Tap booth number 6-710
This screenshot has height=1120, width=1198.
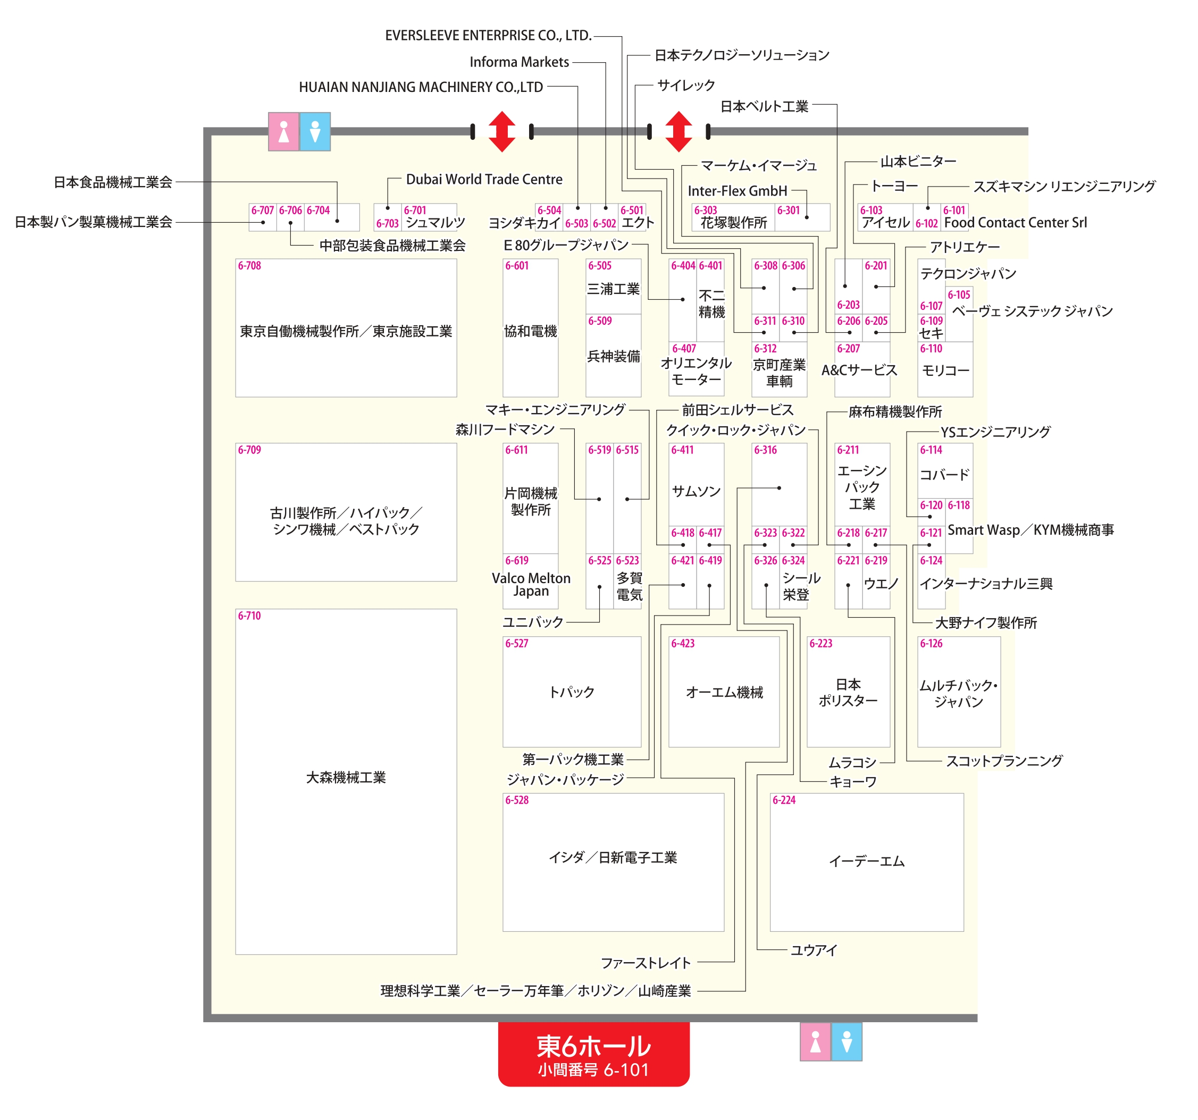(x=249, y=616)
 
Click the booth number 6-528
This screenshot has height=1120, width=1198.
(x=516, y=800)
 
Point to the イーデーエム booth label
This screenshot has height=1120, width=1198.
(x=866, y=862)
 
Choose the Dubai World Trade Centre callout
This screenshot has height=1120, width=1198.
(x=484, y=180)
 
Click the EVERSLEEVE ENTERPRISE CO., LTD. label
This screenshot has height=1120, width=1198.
(x=488, y=36)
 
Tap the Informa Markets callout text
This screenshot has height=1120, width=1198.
(x=519, y=62)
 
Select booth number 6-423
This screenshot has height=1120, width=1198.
(x=682, y=643)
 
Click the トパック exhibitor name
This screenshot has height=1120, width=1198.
(x=571, y=692)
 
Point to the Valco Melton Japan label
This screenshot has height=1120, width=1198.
(x=530, y=584)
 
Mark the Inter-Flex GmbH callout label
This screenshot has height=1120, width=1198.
(x=737, y=191)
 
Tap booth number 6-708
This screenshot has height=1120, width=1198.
(x=249, y=266)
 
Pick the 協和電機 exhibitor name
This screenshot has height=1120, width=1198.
(x=530, y=331)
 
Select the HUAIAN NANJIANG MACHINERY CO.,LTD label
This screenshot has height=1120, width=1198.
(x=421, y=87)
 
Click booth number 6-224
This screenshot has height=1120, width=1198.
(x=783, y=800)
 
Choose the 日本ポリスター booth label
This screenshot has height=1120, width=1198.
(x=848, y=692)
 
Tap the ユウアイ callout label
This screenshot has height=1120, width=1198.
(x=814, y=950)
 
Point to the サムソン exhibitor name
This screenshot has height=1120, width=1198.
(x=696, y=492)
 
